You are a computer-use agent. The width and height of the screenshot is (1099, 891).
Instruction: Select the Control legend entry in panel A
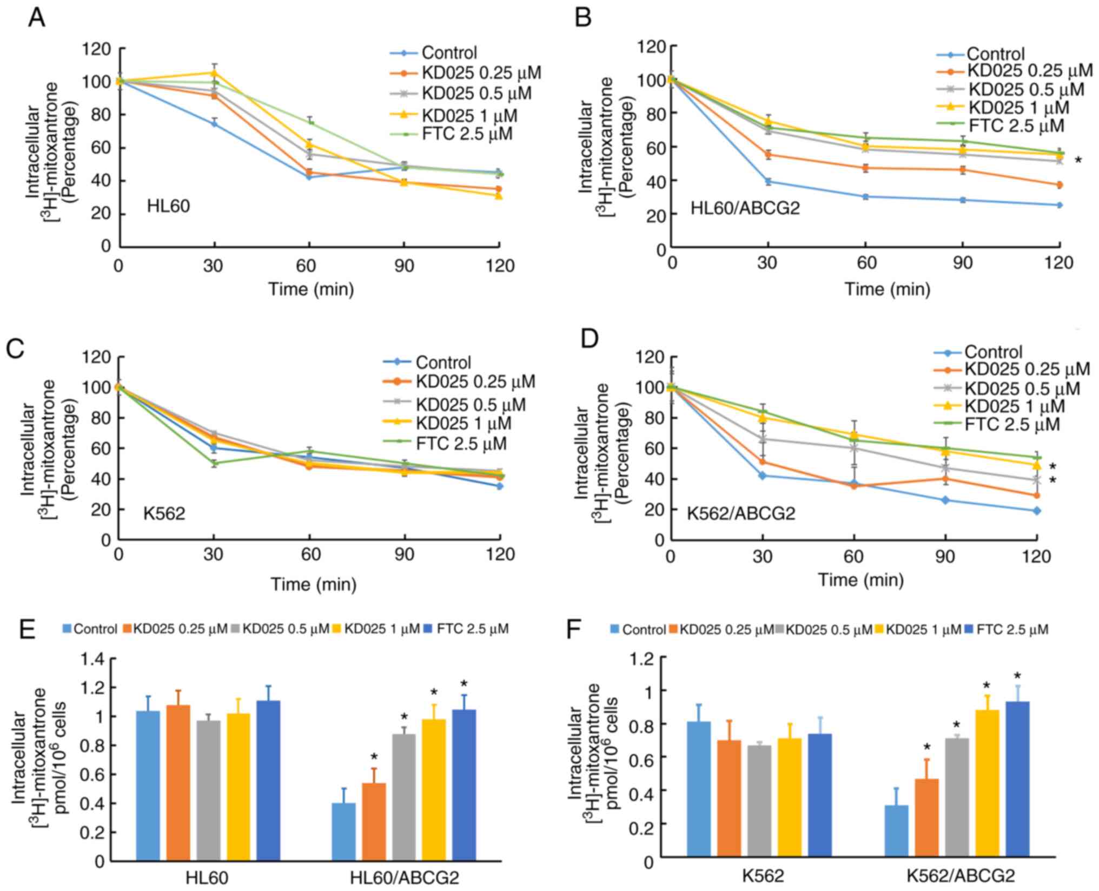449,53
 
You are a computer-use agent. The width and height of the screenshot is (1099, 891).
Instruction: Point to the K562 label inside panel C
164,513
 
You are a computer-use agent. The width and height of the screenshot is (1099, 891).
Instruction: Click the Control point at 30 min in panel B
767,182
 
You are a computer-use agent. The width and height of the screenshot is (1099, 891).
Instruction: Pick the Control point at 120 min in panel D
1037,511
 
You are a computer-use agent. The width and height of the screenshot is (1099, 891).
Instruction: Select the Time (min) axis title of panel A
312,289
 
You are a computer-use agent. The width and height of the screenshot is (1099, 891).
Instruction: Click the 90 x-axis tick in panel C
404,555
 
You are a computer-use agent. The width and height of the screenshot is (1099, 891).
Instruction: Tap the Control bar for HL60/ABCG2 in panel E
343,831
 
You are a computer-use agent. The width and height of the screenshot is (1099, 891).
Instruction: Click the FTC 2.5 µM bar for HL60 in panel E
268,780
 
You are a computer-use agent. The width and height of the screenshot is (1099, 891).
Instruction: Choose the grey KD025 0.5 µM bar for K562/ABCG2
957,797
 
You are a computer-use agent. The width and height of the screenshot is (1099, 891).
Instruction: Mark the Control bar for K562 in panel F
698,789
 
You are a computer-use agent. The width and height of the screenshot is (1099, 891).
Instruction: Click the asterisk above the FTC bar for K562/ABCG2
1017,676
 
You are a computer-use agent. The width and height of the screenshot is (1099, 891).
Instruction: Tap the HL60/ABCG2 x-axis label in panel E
404,877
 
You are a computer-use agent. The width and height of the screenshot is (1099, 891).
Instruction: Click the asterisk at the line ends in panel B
1078,161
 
